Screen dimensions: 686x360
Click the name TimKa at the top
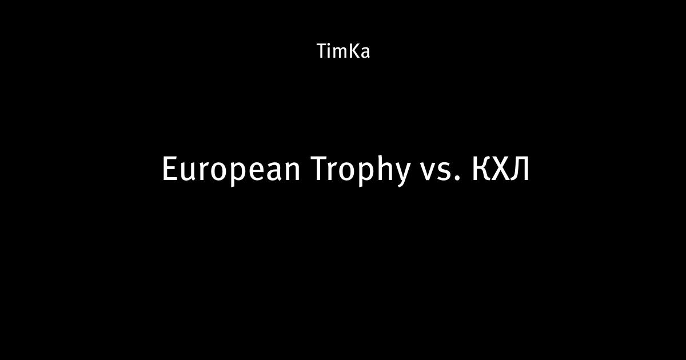coord(344,51)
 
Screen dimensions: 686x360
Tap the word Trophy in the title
coord(361,170)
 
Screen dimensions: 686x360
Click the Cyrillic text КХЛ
coord(500,169)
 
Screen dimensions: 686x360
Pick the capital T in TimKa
coord(322,51)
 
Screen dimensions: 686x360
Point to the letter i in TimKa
coord(330,51)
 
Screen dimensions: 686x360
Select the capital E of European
coord(169,169)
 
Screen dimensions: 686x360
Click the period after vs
coord(458,178)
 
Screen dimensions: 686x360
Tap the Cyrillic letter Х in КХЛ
coord(501,169)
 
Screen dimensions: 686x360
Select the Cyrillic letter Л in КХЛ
coord(520,169)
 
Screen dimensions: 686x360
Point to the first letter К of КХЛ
coord(481,169)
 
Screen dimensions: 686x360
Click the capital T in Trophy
coord(320,169)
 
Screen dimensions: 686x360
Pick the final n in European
coord(293,172)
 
